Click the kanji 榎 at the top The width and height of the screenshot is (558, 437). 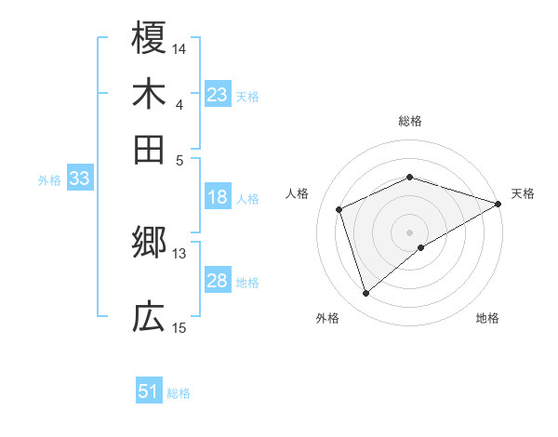149,39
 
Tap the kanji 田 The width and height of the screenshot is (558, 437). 149,149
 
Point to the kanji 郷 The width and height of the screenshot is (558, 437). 149,245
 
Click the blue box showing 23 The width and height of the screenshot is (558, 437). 218,95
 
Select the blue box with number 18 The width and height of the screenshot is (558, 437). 218,197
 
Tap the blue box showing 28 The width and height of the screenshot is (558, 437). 218,281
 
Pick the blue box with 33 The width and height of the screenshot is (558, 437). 78,179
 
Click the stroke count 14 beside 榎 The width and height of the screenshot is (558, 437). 179,47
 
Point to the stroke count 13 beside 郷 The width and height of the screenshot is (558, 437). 179,253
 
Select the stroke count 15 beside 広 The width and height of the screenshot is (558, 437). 179,326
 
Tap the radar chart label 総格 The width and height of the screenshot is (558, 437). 410,121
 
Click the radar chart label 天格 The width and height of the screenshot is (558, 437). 524,193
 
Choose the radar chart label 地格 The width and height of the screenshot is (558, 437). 487,319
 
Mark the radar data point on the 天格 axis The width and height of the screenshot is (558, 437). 498,204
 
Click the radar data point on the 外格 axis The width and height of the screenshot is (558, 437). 365,294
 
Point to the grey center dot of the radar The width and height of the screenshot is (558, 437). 410,232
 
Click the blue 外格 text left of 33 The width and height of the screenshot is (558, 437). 49,180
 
